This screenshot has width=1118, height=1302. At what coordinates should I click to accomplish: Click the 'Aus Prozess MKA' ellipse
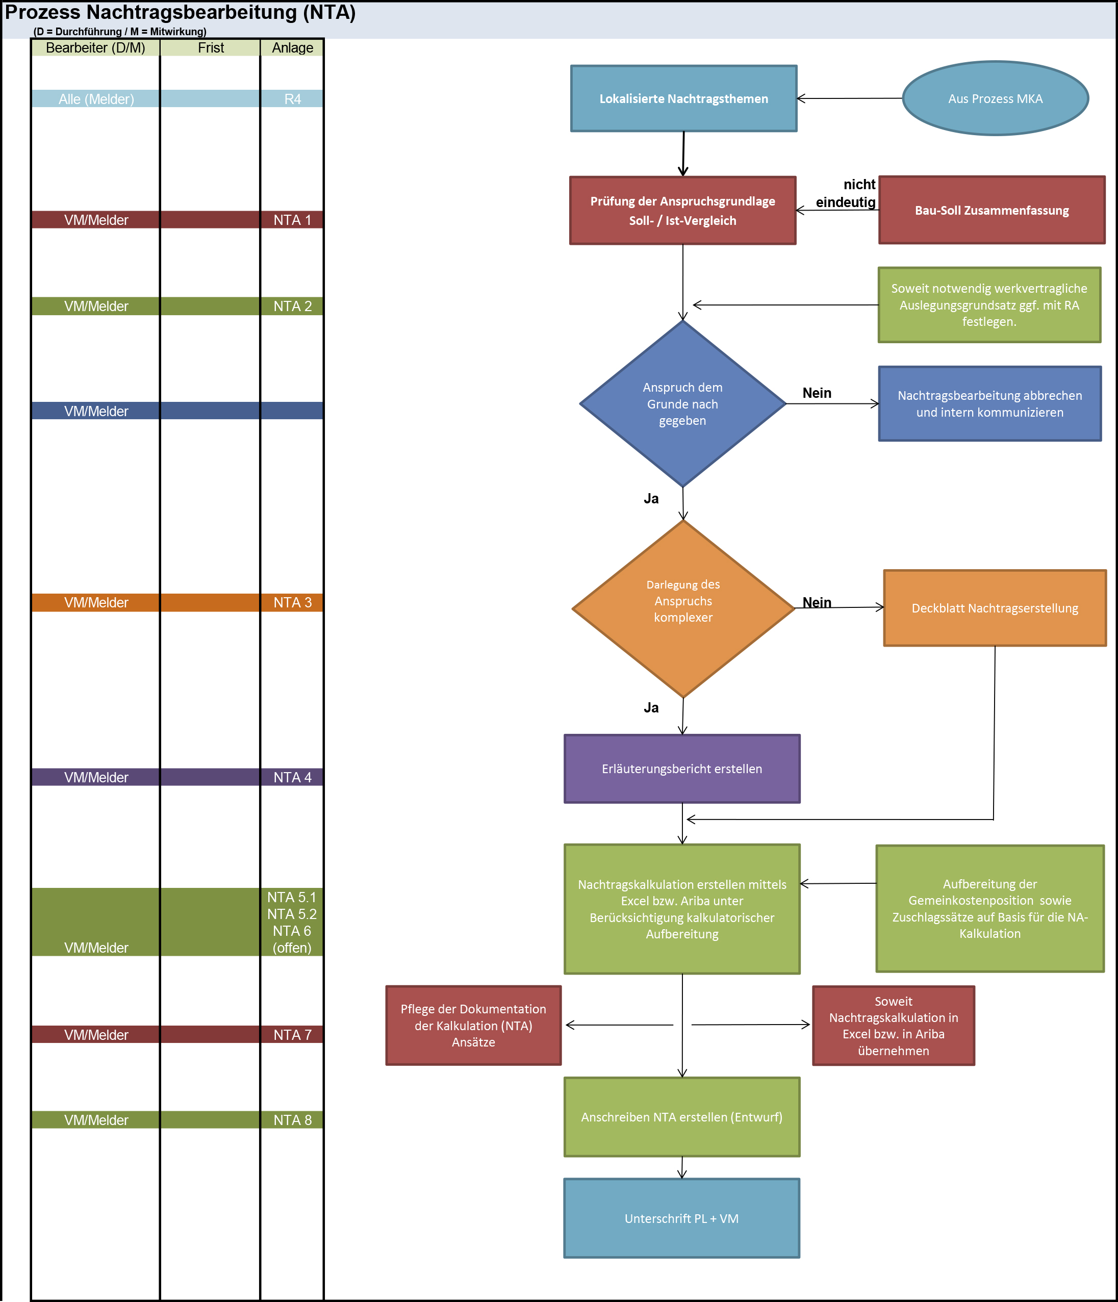click(996, 98)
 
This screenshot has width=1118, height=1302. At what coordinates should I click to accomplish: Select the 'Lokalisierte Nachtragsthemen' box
click(684, 98)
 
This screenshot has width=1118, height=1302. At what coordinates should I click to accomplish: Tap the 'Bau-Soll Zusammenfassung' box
click(992, 210)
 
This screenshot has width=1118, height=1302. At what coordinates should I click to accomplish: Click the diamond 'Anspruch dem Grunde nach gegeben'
click(682, 403)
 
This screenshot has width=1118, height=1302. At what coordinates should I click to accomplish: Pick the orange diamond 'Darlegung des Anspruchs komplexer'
click(683, 608)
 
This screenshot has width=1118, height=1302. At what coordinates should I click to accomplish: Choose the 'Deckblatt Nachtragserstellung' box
click(995, 607)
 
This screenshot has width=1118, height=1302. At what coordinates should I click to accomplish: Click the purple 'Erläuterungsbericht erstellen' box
click(682, 769)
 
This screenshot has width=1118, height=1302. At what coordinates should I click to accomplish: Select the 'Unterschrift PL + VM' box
click(682, 1218)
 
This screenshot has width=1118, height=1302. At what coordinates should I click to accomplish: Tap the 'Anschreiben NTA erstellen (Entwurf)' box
click(682, 1117)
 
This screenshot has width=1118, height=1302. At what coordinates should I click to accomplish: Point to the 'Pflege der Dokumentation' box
click(473, 1026)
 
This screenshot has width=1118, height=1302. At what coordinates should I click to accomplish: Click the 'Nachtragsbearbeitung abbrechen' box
click(990, 403)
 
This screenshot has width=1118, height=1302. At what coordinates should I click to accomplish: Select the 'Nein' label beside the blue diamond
click(817, 393)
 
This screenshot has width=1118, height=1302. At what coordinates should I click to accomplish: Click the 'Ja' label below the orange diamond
click(651, 707)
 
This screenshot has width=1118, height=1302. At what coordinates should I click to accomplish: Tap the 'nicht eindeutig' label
click(846, 193)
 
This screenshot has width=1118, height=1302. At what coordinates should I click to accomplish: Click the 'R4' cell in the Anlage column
click(292, 98)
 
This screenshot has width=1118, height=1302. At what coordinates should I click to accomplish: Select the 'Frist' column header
click(211, 48)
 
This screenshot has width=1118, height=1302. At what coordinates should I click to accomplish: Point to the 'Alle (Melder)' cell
click(96, 98)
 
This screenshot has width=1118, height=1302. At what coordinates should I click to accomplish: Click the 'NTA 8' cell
click(292, 1120)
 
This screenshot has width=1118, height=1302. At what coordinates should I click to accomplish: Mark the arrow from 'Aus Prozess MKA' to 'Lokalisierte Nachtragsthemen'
click(850, 98)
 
